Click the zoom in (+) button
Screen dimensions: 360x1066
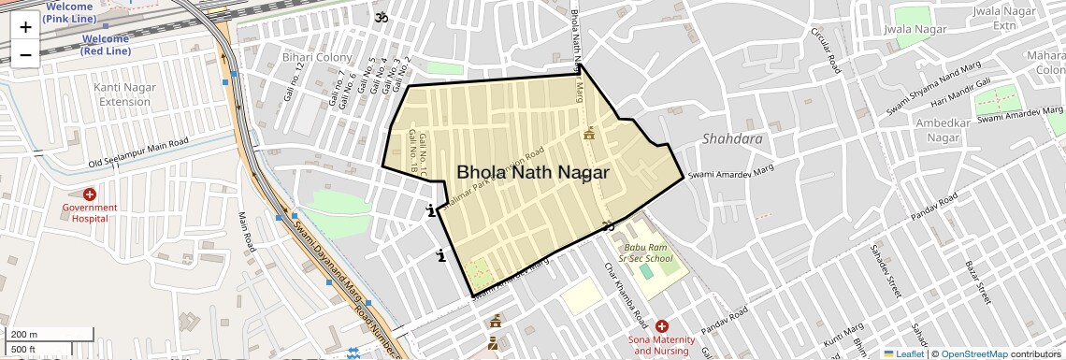pos(25,27)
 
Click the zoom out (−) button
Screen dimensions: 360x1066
pos(25,54)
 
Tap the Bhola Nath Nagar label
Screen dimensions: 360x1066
pos(532,173)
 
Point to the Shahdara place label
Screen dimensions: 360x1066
pos(732,139)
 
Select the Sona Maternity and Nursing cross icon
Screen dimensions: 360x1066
pos(662,326)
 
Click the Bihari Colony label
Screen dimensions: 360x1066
pos(317,58)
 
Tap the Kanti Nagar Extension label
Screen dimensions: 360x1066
pos(124,94)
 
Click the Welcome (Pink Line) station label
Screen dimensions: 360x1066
pos(68,12)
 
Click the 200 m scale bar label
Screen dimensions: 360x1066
pos(24,334)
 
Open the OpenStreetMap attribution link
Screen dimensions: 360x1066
pos(973,353)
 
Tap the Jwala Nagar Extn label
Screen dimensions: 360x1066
pos(1000,18)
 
